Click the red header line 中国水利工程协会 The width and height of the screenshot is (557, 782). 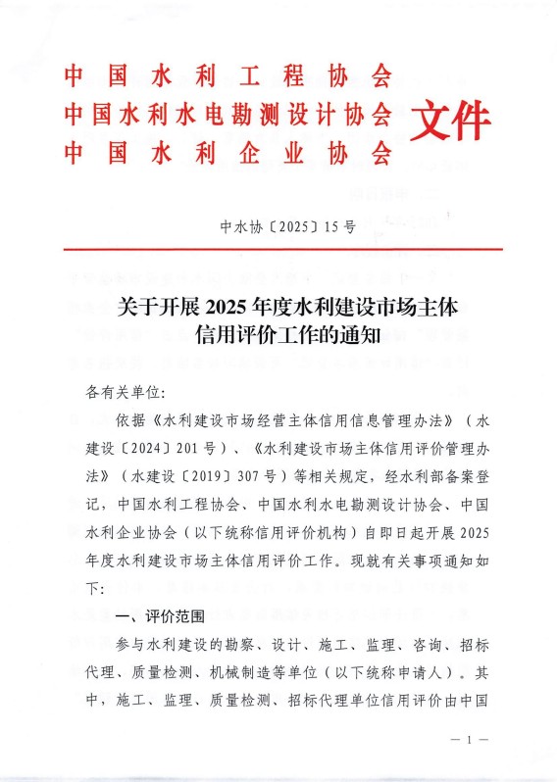coord(228,75)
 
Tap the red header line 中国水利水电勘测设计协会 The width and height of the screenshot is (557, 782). coord(228,114)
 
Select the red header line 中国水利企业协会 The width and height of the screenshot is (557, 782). coord(228,153)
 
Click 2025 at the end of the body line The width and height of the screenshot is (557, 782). coord(472,534)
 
